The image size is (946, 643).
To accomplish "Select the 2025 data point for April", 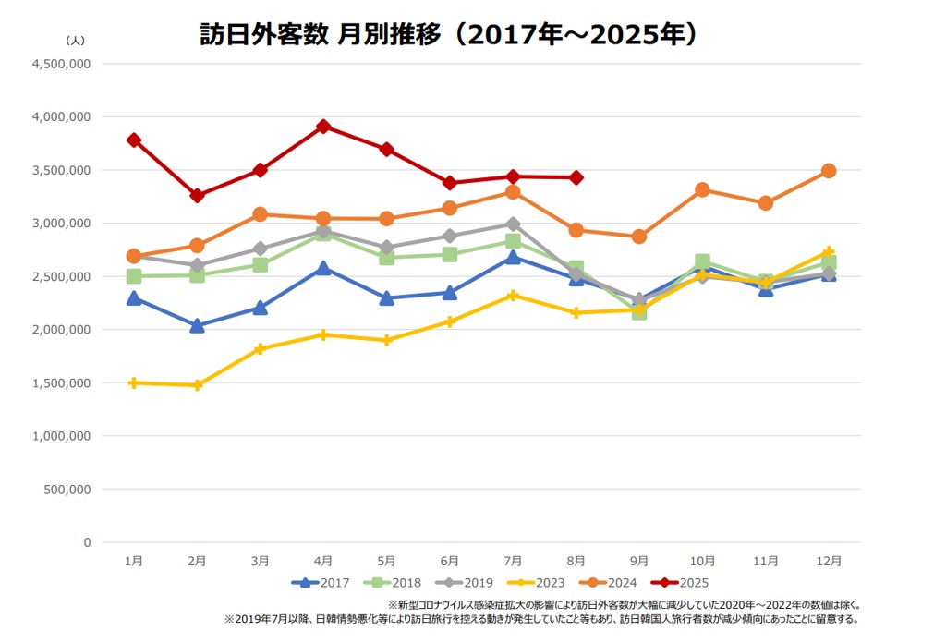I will (323, 127).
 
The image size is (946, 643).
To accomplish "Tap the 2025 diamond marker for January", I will (134, 140).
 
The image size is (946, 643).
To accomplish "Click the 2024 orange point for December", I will (829, 171).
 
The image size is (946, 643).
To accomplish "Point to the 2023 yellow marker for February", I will (197, 385).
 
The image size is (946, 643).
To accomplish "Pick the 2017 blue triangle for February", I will (197, 325).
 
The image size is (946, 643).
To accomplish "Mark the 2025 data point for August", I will (576, 177).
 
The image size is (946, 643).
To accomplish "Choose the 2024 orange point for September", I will (639, 237).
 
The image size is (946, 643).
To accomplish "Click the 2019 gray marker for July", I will (513, 224).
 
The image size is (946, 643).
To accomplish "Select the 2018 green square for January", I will (134, 276).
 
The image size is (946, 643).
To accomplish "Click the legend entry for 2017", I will (322, 582).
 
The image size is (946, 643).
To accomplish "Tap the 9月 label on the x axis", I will (639, 561).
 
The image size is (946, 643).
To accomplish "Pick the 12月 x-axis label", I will (829, 561).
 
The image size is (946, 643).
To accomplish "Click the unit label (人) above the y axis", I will (76, 41).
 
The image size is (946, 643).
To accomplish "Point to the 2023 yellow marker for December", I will (829, 252).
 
